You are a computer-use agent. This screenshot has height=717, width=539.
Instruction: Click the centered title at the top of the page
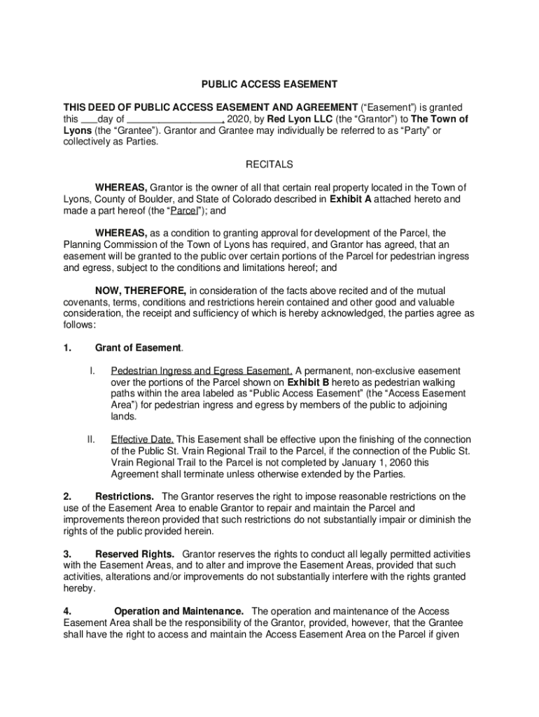click(x=269, y=85)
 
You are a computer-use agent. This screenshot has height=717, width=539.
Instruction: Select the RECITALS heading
click(x=269, y=165)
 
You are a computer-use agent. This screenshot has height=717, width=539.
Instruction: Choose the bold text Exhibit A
click(x=351, y=199)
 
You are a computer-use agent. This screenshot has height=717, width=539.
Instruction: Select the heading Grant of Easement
click(x=139, y=348)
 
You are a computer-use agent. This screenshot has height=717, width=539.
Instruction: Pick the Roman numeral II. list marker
click(x=91, y=440)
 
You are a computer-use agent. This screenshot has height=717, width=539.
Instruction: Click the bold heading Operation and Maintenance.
click(x=179, y=611)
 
